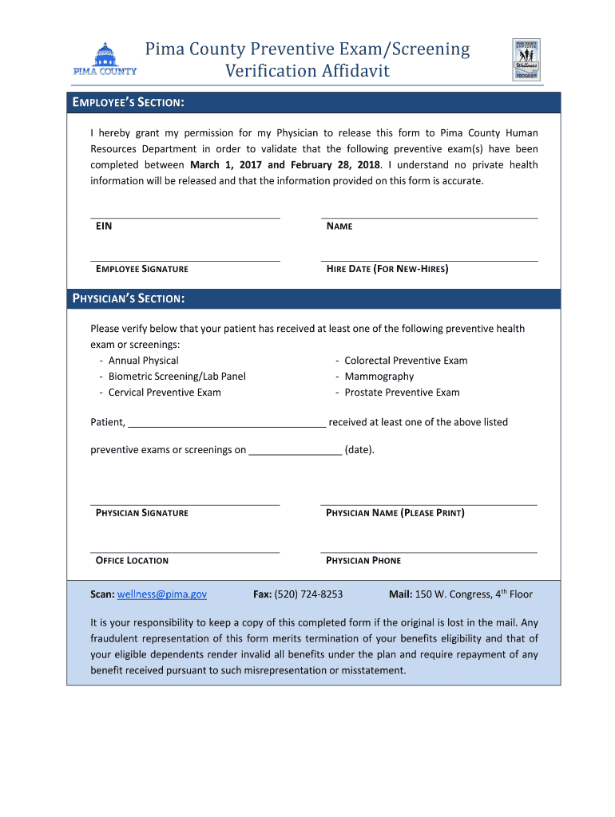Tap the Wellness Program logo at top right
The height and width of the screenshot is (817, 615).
(526, 60)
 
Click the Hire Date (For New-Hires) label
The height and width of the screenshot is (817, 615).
(387, 269)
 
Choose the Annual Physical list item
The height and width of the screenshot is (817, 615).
(144, 361)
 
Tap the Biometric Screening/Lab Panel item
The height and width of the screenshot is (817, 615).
(177, 377)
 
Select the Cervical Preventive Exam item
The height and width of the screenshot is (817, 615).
(165, 393)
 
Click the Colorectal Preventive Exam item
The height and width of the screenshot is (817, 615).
(406, 361)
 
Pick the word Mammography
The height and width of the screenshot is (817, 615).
(379, 377)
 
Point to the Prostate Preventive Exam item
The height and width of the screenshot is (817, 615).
(402, 393)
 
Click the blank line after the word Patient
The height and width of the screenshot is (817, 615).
(227, 424)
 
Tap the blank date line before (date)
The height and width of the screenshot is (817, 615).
(296, 451)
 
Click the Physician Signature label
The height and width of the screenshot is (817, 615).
(142, 513)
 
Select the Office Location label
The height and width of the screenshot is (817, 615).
(132, 561)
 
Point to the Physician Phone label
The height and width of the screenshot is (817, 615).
(363, 561)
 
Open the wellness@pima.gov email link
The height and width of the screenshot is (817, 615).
(162, 594)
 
